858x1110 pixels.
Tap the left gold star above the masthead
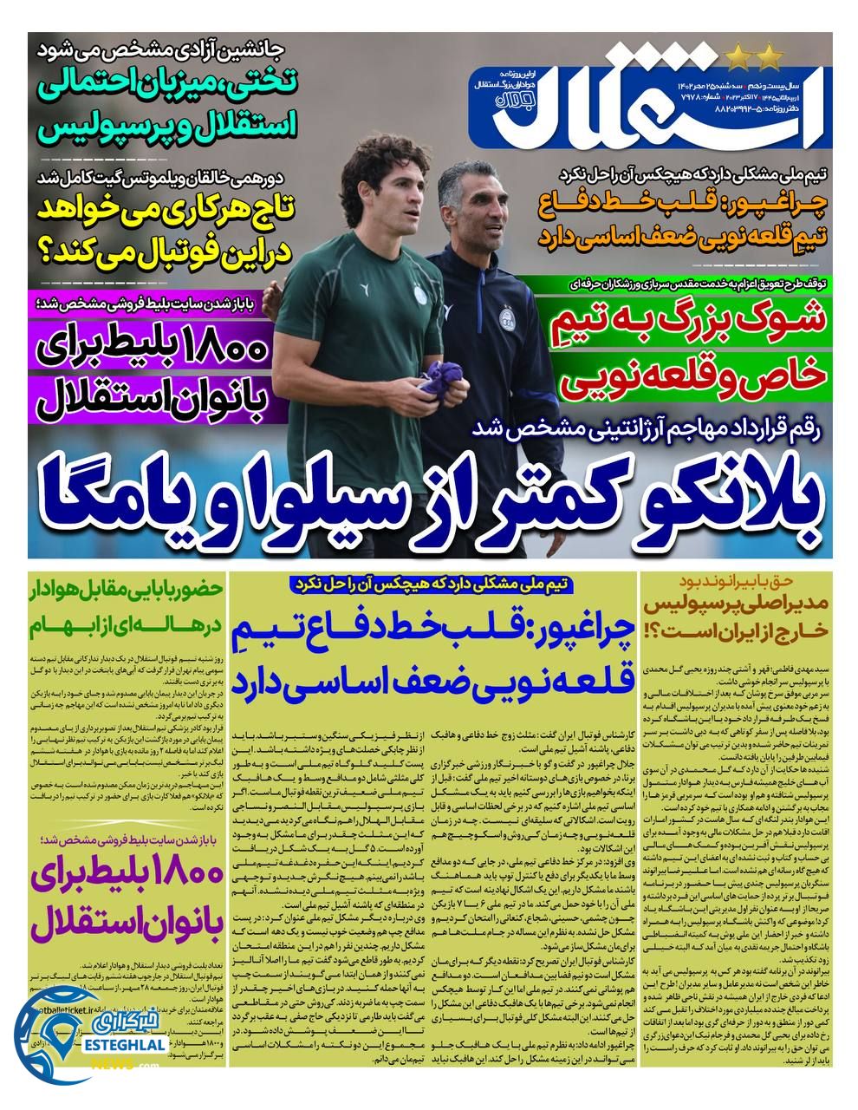(738, 60)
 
